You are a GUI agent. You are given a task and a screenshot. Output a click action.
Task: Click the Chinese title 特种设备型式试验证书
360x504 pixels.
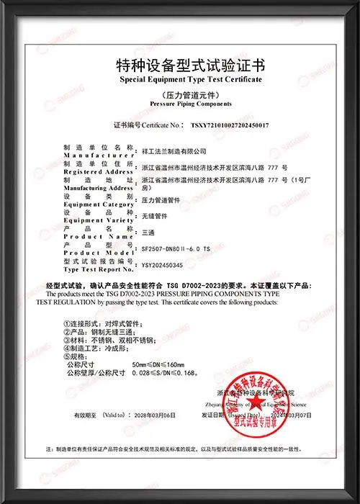coord(180,65)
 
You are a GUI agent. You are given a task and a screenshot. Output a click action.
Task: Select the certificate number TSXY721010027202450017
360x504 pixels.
coord(229,125)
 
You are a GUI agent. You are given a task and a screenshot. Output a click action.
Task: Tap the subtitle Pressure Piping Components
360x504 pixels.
coord(180,104)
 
